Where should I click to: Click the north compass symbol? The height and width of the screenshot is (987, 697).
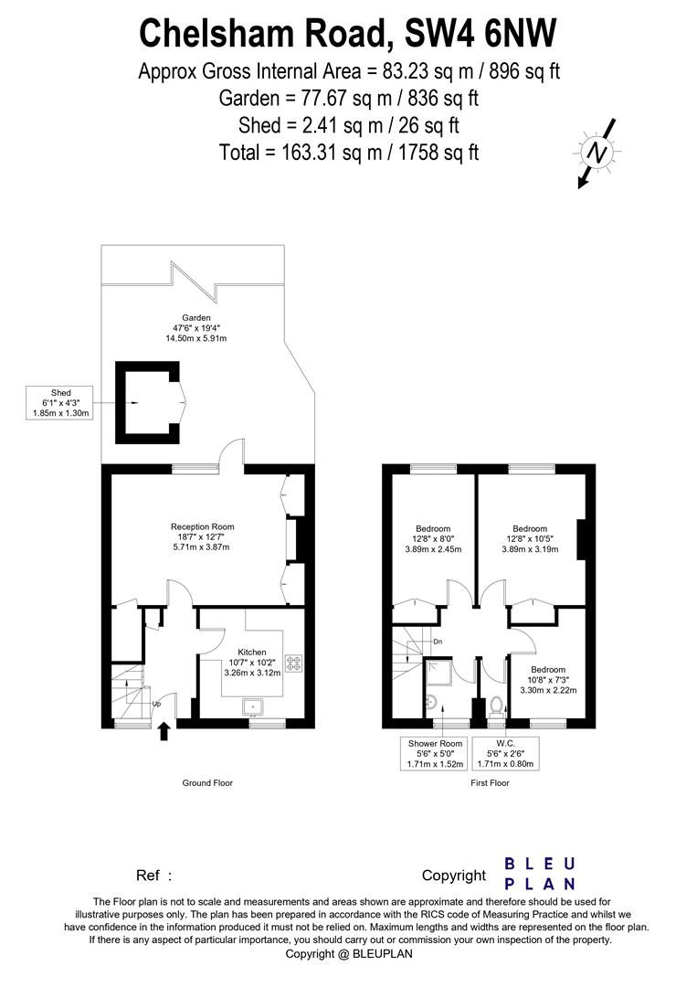point(597,153)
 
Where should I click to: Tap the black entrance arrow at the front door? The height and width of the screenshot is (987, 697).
point(164,731)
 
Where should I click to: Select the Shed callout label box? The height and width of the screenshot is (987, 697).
point(61,403)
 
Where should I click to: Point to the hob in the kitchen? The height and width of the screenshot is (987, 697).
point(293,663)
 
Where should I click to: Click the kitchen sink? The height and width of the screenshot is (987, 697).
point(254,706)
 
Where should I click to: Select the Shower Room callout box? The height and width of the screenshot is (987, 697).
point(435,754)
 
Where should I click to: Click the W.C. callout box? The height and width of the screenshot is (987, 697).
point(505,754)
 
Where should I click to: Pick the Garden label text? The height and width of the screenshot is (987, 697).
point(196,328)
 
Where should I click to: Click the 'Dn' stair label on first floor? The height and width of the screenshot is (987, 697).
point(438,642)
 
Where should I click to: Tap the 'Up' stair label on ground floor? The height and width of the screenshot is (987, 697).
point(156,704)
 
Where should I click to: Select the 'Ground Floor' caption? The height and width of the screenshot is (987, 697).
point(207,783)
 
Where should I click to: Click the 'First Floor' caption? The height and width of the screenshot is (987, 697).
point(490,783)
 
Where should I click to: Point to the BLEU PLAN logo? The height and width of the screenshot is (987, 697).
point(540,874)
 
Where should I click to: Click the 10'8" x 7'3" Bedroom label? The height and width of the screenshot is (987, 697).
point(548,680)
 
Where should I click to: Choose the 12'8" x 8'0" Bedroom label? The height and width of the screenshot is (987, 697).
point(433,539)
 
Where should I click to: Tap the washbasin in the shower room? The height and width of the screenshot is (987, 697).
point(431,702)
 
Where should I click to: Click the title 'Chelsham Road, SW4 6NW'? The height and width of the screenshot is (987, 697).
point(348,34)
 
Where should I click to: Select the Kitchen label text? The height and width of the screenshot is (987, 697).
point(252,663)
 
